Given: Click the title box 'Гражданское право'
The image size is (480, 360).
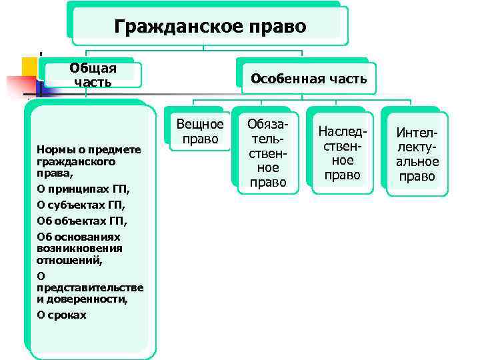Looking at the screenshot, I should click(209, 26).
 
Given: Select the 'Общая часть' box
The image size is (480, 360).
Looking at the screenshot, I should click(93, 75).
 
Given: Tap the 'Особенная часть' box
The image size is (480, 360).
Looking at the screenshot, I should click(308, 79).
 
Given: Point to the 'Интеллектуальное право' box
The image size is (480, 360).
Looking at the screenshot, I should click(417, 155).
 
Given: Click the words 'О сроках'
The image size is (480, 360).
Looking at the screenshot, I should click(61, 315).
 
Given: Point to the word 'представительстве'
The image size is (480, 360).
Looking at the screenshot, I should click(90, 287).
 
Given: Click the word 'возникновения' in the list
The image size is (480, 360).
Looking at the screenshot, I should click(79, 248).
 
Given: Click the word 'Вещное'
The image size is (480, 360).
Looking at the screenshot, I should click(200, 125).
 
